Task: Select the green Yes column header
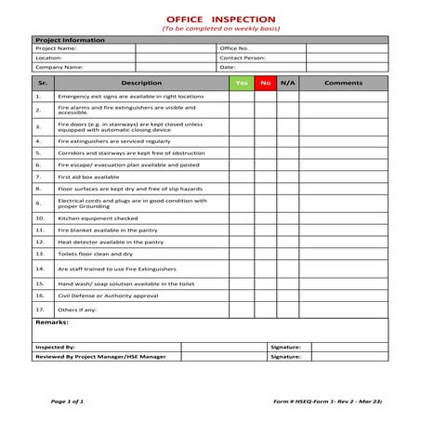[242, 84]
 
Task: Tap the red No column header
[266, 84]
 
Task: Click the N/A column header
[287, 84]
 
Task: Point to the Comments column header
[343, 84]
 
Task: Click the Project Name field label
[53, 48]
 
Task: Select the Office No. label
[234, 48]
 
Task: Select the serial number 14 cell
[40, 268]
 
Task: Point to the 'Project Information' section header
[67, 39]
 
